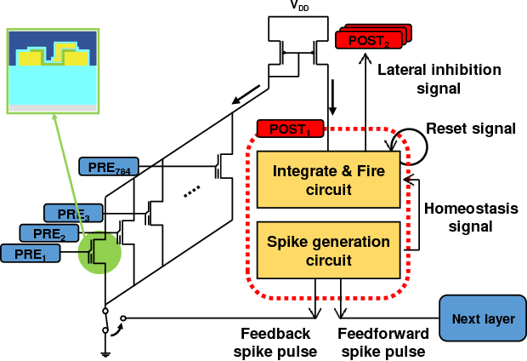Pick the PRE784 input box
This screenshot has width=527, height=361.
click(x=107, y=165)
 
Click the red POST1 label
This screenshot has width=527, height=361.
click(x=289, y=129)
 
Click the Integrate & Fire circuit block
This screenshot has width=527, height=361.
click(x=328, y=180)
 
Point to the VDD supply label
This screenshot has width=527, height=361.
click(x=299, y=6)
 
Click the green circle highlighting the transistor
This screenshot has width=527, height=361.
click(x=100, y=252)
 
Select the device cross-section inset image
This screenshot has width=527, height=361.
click(x=54, y=72)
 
